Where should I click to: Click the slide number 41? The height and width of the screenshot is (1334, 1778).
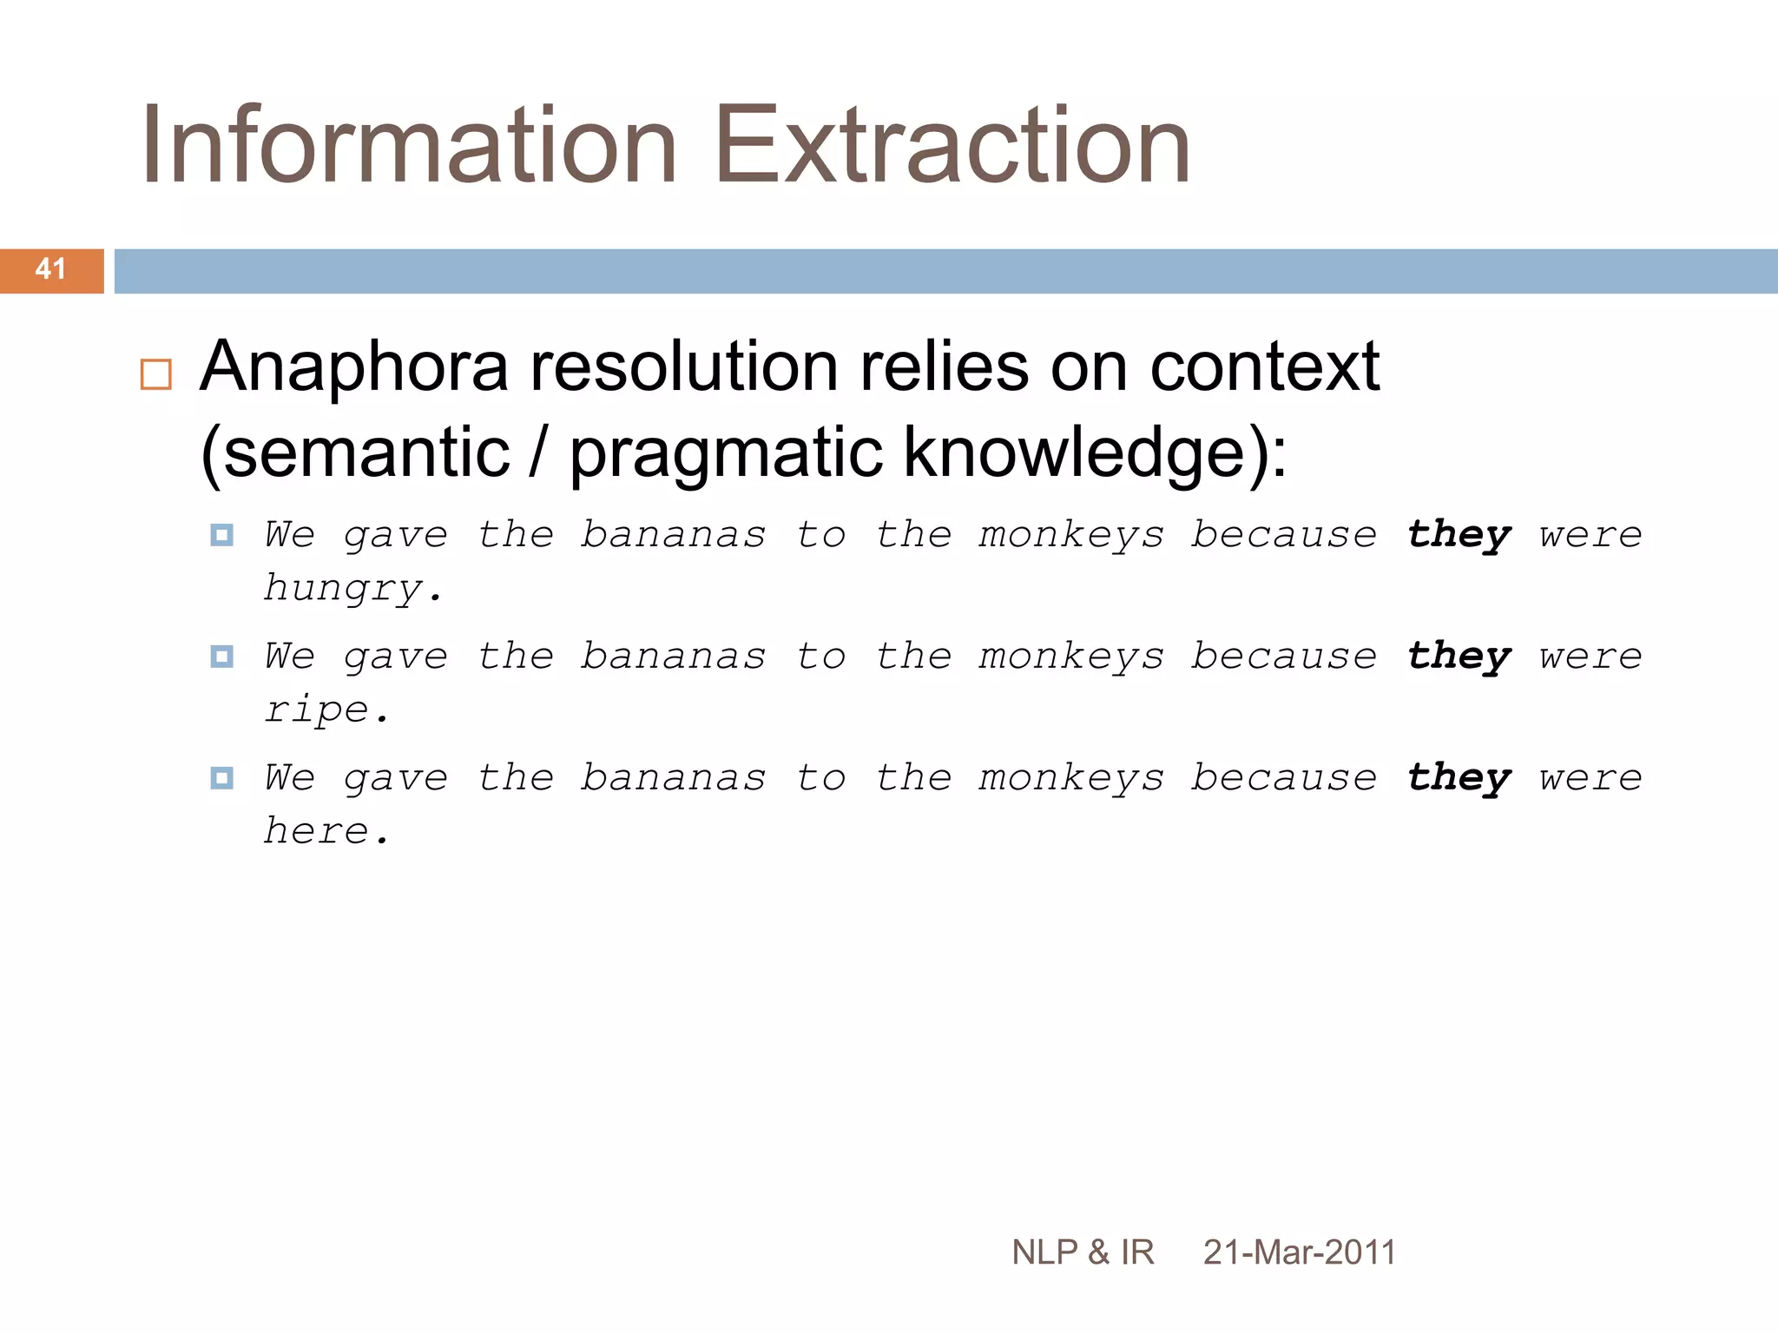click(x=50, y=269)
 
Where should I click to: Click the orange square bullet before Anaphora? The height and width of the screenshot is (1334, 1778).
click(x=156, y=374)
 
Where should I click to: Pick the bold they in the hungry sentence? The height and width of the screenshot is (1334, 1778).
click(x=1459, y=536)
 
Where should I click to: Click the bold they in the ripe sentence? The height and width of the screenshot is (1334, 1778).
click(x=1459, y=657)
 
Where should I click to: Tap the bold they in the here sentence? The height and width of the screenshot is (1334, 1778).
click(x=1459, y=779)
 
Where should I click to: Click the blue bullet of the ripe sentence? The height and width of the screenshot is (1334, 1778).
click(x=222, y=657)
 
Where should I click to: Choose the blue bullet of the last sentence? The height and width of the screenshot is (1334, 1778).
click(x=222, y=778)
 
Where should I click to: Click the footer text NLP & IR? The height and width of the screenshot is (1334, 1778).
click(x=1083, y=1252)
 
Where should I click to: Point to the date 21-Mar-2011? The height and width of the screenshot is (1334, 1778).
click(x=1299, y=1252)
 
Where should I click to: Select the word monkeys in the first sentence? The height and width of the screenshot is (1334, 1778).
click(x=1071, y=536)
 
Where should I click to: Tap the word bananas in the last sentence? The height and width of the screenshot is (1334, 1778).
click(x=674, y=778)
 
